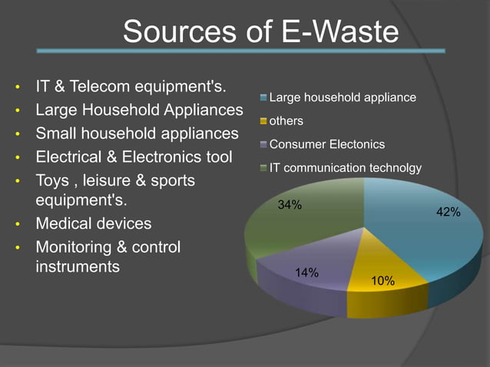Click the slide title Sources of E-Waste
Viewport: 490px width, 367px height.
(260, 31)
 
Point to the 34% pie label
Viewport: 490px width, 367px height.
(290, 205)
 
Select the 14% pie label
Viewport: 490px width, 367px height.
(307, 272)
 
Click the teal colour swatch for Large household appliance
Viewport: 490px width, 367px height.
(263, 98)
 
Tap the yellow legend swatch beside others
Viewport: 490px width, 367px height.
(263, 121)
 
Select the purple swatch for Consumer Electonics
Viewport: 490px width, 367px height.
(263, 144)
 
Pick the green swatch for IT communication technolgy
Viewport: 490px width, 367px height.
(263, 167)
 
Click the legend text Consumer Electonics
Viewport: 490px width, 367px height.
(327, 144)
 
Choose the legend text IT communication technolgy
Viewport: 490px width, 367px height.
(345, 167)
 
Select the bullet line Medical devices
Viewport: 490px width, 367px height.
(94, 224)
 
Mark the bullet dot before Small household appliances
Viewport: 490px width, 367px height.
(18, 135)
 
